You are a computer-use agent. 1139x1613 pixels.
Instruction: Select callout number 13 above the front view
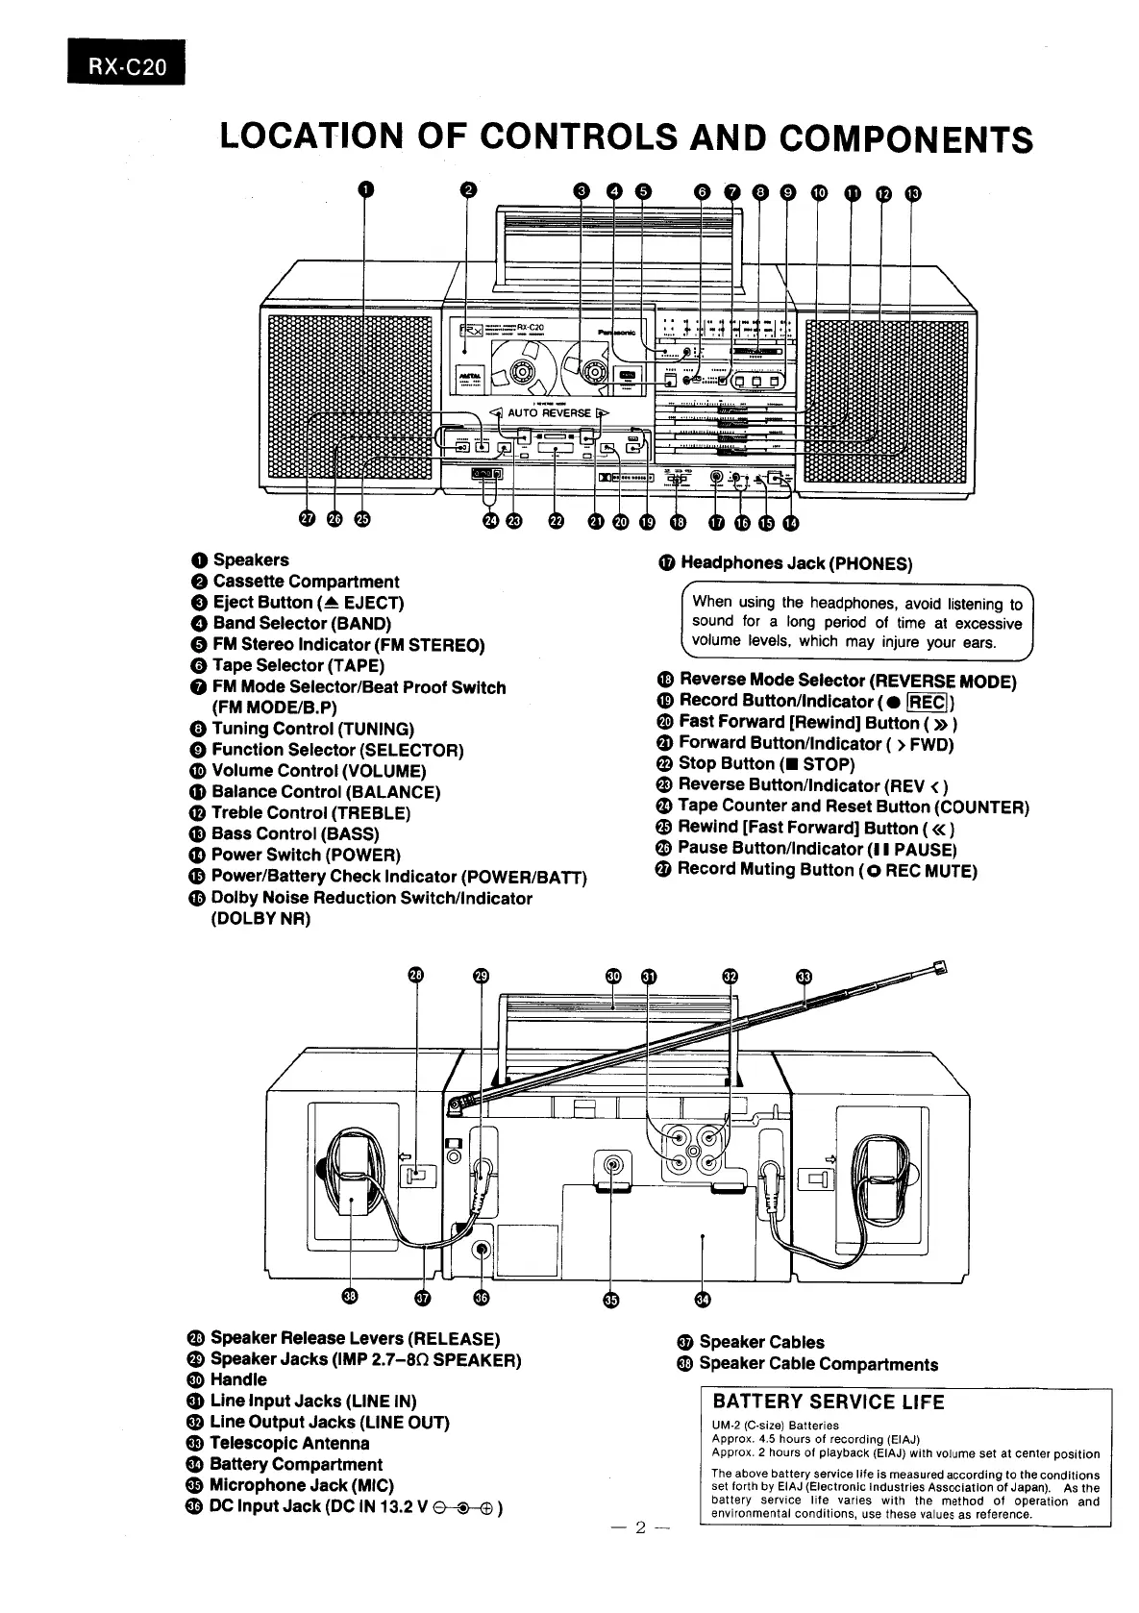pyautogui.click(x=912, y=193)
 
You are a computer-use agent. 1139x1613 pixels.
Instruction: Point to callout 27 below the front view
pyautogui.click(x=307, y=519)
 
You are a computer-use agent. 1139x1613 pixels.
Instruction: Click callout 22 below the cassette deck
pyautogui.click(x=556, y=521)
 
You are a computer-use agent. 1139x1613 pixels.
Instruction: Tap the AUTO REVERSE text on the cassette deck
pyautogui.click(x=549, y=413)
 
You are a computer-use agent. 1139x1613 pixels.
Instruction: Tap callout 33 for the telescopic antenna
pyautogui.click(x=805, y=977)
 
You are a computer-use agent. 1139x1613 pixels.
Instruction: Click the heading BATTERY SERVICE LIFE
pyautogui.click(x=829, y=1402)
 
